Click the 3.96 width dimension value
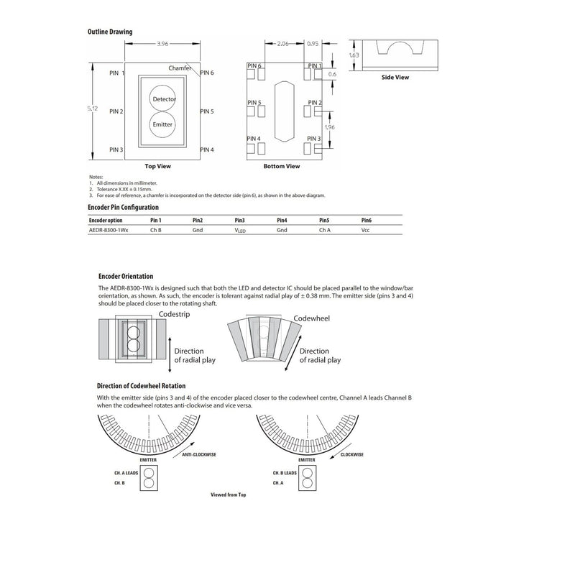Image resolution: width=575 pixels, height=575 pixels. (x=162, y=44)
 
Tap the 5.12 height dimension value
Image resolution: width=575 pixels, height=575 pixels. (x=93, y=109)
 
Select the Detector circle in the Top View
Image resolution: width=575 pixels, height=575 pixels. (x=162, y=98)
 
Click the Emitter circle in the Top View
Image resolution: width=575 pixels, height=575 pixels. (x=162, y=124)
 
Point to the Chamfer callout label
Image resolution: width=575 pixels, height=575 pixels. (x=180, y=68)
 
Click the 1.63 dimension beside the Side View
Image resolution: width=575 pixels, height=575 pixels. (x=354, y=55)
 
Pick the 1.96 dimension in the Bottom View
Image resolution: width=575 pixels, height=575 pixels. (x=330, y=127)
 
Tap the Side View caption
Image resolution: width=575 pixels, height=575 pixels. (x=395, y=78)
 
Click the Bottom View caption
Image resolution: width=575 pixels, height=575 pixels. (x=282, y=166)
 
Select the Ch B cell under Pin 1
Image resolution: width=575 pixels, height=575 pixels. (x=156, y=230)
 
